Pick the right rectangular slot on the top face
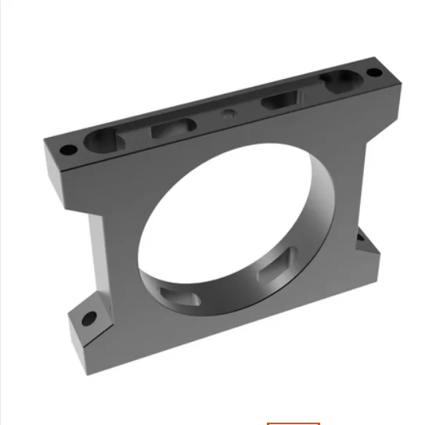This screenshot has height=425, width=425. click(x=280, y=99)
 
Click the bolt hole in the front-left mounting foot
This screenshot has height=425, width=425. click(x=88, y=318)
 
